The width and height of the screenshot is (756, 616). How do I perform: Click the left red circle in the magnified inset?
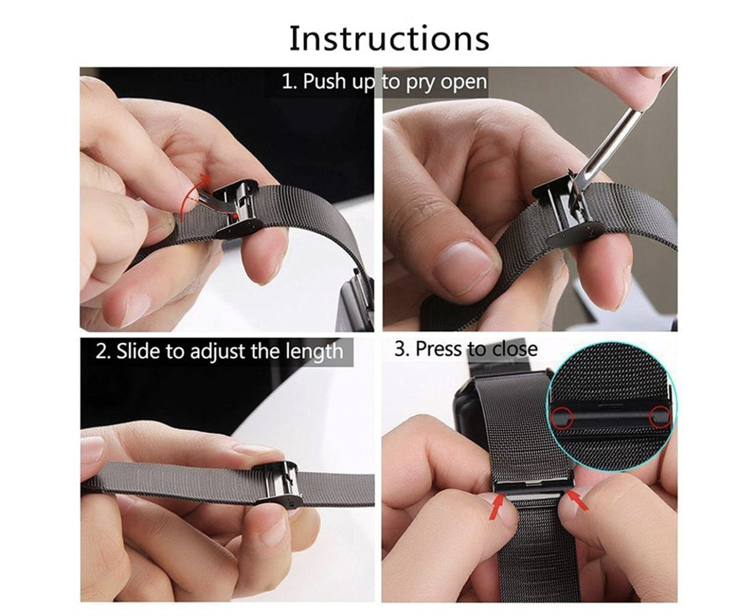click(562, 417)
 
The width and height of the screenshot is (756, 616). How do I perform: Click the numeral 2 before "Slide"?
click(101, 351)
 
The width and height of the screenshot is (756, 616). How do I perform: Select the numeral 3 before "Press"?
click(400, 349)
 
